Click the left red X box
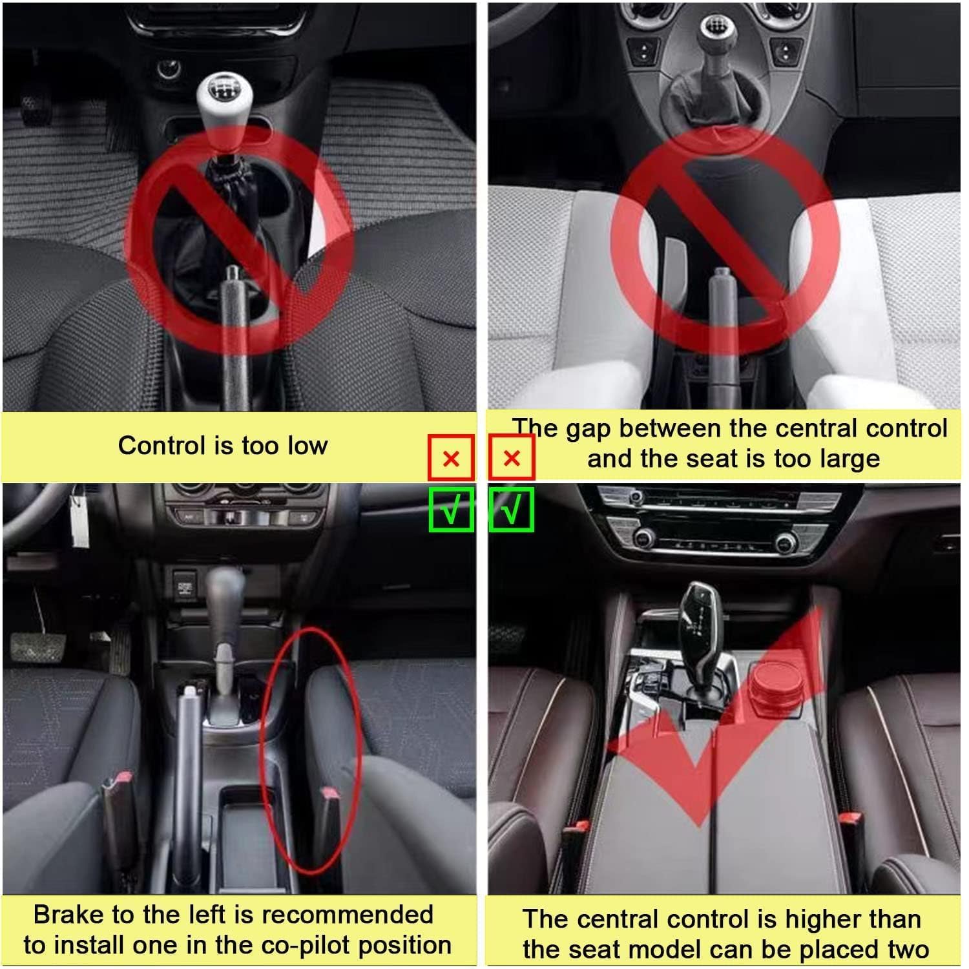[x=451, y=458]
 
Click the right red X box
[x=512, y=458]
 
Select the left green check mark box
[x=451, y=510]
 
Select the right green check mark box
[x=512, y=510]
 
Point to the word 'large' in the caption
[x=850, y=459]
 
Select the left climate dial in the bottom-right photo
[x=643, y=537]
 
